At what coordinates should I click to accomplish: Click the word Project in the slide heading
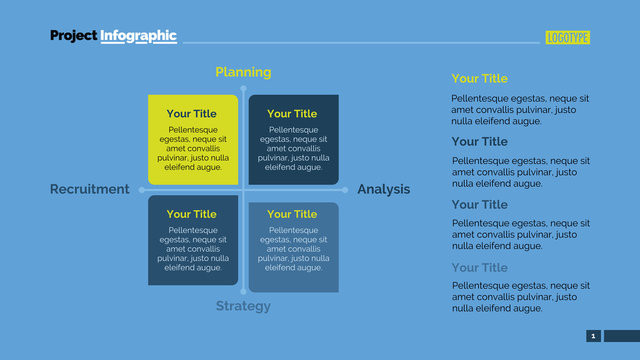coord(74,36)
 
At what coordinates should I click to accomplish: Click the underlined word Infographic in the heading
coord(138,36)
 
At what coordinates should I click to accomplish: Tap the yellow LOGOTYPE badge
coord(568,38)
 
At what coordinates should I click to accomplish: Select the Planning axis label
coord(243,72)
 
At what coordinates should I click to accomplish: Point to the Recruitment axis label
coord(90,189)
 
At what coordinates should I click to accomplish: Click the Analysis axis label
coord(383,189)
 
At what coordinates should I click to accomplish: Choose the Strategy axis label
coord(243,306)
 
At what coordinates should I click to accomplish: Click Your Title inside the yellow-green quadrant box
coord(192,114)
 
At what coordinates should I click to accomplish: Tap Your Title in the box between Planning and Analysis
coord(292,114)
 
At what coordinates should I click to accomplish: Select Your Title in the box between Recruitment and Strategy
coord(192,214)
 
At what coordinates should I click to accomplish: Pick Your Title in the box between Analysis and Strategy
coord(292,214)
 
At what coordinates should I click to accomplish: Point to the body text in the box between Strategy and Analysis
coord(293,248)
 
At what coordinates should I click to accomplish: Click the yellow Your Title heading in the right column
coord(479,78)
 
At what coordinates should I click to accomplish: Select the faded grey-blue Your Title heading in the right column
coord(479,267)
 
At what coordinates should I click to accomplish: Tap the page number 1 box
coord(593,336)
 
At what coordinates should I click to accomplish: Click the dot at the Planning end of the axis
coord(243,88)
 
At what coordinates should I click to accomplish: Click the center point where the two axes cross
coord(243,189)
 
